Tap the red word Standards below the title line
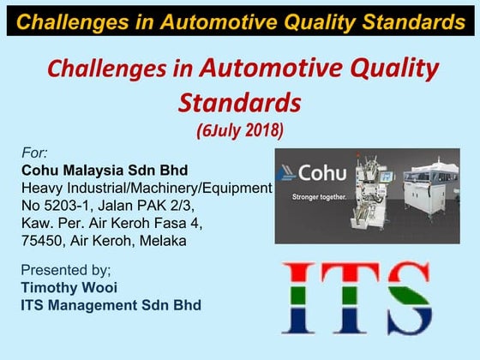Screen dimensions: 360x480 coord(240,102)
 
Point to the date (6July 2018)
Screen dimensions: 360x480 coord(240,132)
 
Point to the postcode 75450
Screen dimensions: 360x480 coord(44,241)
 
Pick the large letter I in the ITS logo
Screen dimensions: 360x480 coord(300,297)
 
